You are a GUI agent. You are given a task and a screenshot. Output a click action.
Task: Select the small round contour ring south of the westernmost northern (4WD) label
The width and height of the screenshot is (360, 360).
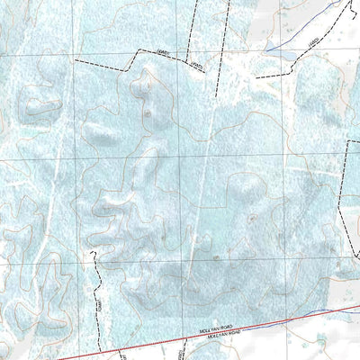[146, 114]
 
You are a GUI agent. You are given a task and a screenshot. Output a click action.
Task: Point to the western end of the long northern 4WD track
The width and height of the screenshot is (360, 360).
[75, 59]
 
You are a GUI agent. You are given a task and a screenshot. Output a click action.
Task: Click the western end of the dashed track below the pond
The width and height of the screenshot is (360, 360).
[256, 77]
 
